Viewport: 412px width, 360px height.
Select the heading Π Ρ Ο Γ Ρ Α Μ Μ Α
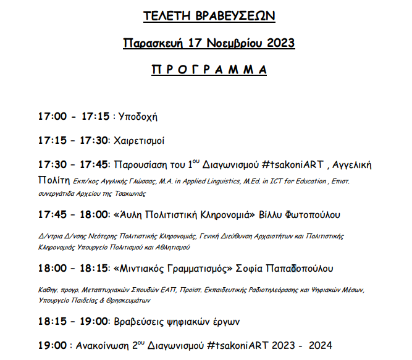click(x=209, y=69)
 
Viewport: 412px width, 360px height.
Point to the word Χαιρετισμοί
click(x=139, y=141)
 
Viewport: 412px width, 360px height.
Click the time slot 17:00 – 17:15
click(x=74, y=116)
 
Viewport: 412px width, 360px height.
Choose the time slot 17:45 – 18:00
click(x=74, y=215)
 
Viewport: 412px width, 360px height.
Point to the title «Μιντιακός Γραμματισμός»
click(x=172, y=269)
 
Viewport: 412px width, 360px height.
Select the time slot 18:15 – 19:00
click(x=74, y=322)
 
